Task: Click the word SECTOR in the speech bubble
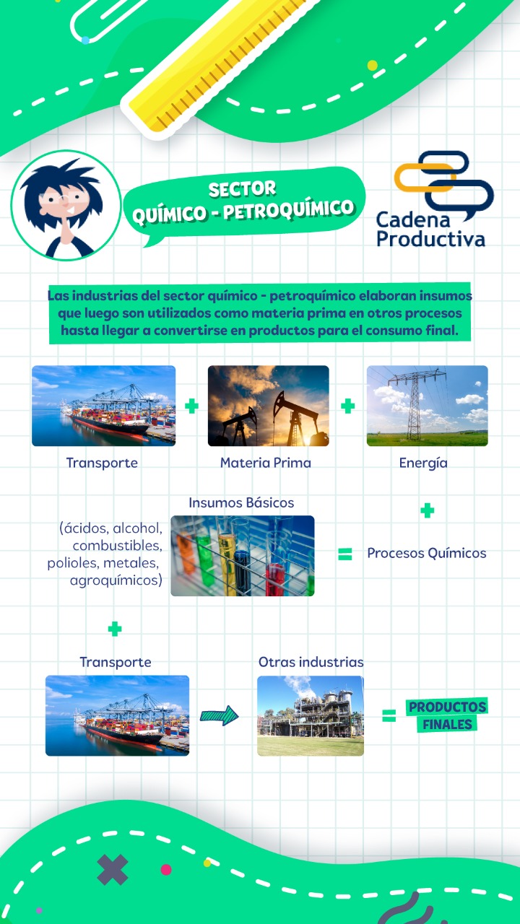242,189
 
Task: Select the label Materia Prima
265,463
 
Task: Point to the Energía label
423,463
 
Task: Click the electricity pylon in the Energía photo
415,404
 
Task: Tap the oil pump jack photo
268,406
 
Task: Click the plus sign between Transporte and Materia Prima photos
191,406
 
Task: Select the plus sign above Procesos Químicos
427,510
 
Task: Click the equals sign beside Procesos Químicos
345,554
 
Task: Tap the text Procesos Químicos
427,553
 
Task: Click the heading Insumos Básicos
241,503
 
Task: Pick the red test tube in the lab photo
276,577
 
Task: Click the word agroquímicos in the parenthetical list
116,580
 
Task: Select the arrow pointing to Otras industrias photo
219,715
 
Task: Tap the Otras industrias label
311,662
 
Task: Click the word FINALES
447,724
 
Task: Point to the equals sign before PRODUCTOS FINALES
389,715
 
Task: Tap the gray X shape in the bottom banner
112,870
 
